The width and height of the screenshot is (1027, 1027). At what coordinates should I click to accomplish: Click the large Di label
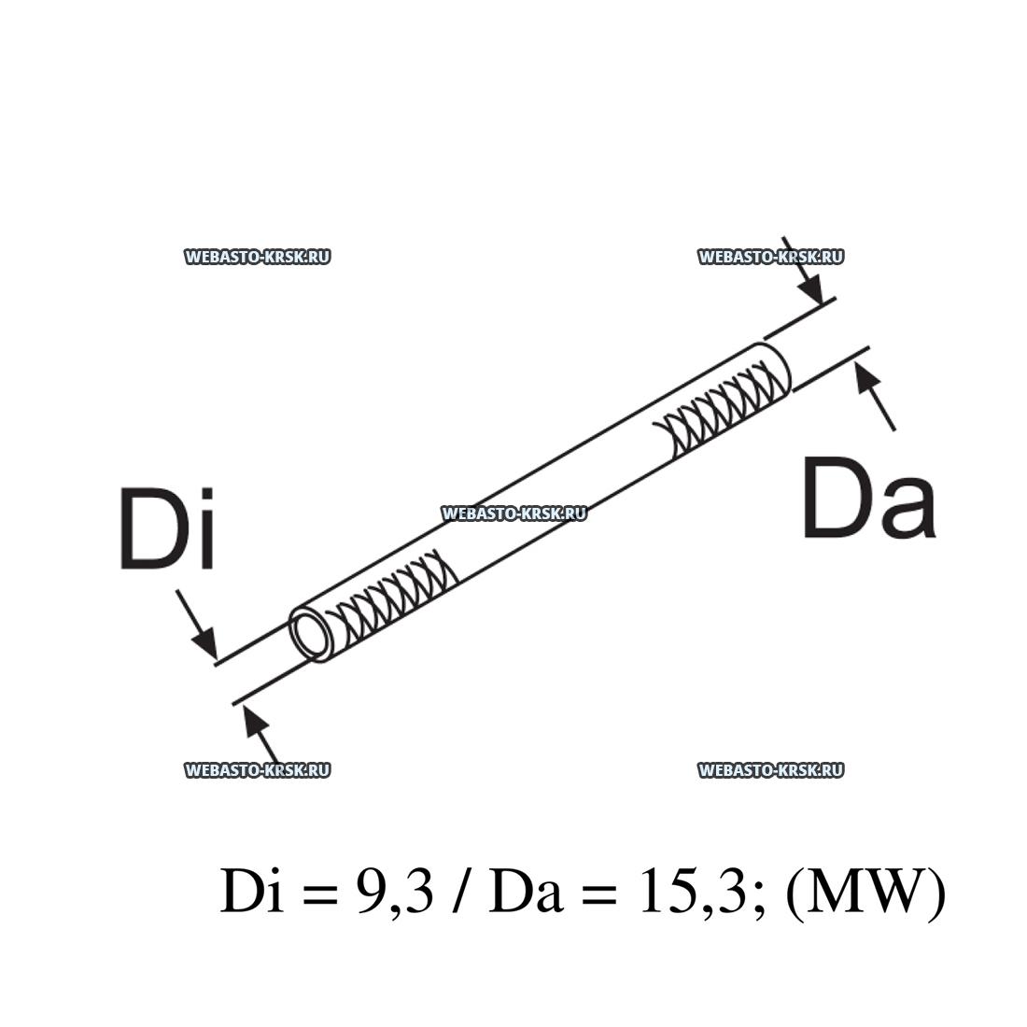tap(168, 528)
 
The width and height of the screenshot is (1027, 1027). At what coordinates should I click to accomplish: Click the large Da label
tap(868, 499)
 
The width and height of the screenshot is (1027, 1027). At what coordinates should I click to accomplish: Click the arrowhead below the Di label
tap(204, 642)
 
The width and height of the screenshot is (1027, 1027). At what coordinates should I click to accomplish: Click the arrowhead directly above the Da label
tap(866, 377)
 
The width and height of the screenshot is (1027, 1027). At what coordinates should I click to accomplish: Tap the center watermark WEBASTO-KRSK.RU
tap(514, 513)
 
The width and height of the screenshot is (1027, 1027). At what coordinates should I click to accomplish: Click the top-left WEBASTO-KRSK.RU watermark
tap(258, 257)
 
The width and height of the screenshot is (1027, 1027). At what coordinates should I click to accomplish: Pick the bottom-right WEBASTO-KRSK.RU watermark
tap(771, 770)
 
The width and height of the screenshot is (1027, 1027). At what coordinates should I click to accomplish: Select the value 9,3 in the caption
tap(395, 892)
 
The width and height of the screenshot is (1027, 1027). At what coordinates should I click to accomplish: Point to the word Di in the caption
tap(252, 892)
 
